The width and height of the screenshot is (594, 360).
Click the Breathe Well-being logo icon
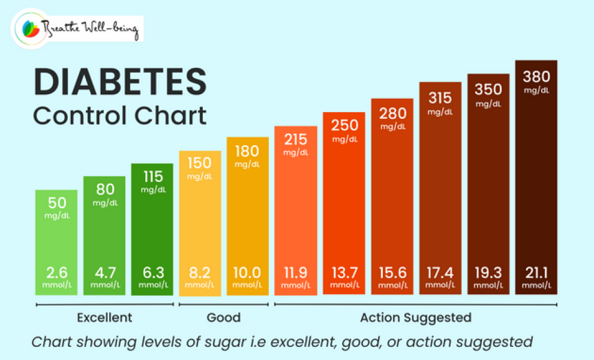point(30,29)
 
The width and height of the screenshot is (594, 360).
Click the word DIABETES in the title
point(120,82)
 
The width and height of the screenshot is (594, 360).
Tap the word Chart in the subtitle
point(169,115)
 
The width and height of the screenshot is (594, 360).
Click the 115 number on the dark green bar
point(152,177)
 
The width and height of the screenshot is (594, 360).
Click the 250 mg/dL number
point(344,125)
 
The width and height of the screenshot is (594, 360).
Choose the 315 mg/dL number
point(440,98)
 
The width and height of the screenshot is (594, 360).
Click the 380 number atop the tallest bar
point(536,77)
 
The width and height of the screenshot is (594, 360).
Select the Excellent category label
point(104,317)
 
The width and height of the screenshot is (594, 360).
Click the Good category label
point(223,317)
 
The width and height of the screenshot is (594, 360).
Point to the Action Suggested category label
point(416,317)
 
